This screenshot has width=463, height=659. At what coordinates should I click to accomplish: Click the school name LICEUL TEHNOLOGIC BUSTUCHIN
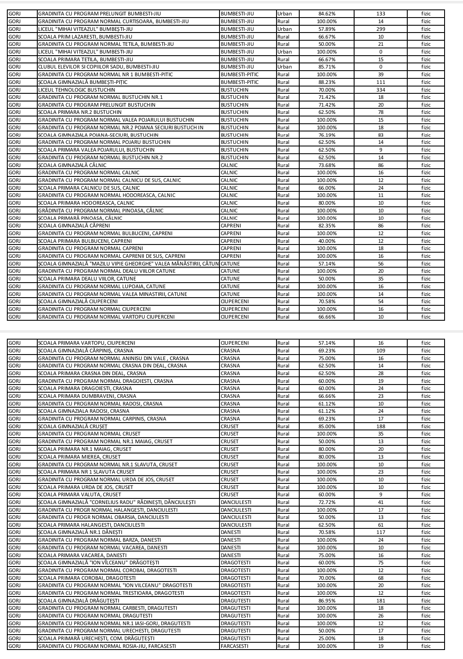click(x=77, y=90)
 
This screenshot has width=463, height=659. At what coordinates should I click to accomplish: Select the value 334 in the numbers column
click(x=381, y=90)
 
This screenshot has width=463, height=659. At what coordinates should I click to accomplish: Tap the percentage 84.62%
click(x=327, y=14)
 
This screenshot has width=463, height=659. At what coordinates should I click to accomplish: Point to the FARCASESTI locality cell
click(x=235, y=646)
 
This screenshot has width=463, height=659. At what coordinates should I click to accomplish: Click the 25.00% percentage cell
click(x=327, y=638)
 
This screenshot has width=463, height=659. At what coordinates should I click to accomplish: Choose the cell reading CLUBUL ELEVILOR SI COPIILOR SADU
click(x=99, y=67)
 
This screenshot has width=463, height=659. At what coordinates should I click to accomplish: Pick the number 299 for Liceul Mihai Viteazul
click(x=381, y=29)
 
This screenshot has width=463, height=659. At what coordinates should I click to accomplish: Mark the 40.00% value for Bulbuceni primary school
click(x=327, y=241)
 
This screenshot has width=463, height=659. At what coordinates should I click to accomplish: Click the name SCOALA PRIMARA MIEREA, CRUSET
click(x=79, y=457)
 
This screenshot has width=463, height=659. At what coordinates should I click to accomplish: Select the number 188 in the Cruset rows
click(x=381, y=426)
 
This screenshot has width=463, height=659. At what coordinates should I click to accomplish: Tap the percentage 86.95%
click(x=327, y=601)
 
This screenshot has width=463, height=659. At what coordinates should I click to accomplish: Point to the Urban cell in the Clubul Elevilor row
click(x=284, y=67)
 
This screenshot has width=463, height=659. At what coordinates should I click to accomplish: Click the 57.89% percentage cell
click(x=327, y=29)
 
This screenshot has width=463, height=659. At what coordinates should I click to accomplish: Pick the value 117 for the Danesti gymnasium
click(x=381, y=532)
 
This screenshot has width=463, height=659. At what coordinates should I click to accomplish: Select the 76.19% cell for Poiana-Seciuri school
click(x=327, y=135)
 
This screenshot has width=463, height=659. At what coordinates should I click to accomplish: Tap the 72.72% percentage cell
click(x=327, y=502)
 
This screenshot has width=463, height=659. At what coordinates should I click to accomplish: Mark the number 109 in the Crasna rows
click(x=381, y=351)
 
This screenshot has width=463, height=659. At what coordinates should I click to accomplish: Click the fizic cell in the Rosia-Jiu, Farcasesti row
click(x=426, y=646)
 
